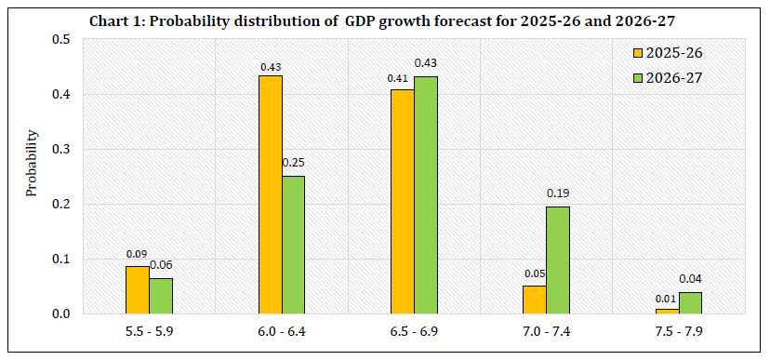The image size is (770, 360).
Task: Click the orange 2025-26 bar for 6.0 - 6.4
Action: [271, 194]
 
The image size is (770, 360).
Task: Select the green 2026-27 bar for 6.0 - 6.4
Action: [293, 245]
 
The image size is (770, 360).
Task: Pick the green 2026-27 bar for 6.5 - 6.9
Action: [425, 194]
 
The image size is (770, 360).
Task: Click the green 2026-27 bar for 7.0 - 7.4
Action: [557, 260]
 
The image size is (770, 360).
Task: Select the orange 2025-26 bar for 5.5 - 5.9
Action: [139, 289]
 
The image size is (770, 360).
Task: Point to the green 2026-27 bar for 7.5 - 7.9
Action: [689, 302]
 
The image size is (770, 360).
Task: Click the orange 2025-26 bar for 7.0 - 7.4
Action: [534, 299]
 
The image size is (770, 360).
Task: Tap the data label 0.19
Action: [558, 193]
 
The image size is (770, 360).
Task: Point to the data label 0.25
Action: [293, 162]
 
